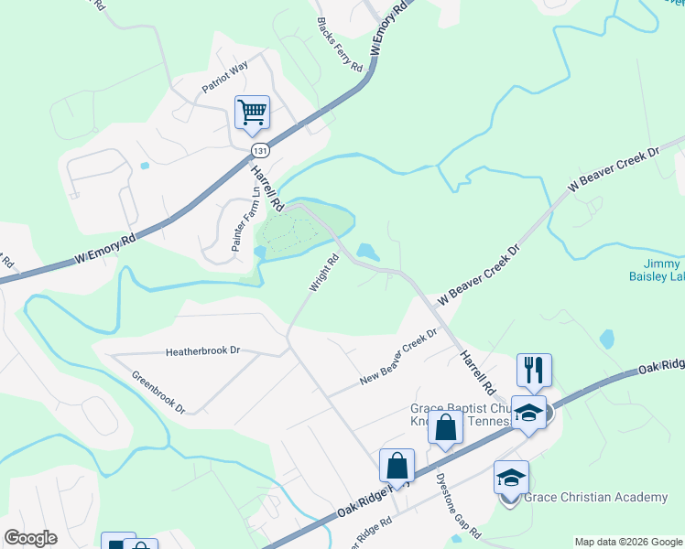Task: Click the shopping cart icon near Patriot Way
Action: (252, 113)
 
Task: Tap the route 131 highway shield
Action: (261, 150)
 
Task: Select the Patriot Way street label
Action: (225, 78)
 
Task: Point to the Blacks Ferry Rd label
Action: (340, 45)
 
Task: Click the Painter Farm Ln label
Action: (245, 220)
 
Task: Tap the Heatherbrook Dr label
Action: (202, 350)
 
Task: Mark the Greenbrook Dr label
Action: (158, 392)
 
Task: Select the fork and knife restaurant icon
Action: (534, 371)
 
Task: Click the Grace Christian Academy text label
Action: (595, 497)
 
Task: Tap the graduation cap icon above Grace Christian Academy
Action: (511, 477)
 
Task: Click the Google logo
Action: (30, 537)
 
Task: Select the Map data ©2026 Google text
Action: (628, 542)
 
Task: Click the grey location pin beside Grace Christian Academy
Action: (511, 499)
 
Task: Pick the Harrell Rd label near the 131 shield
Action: (266, 182)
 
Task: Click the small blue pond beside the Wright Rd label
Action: (368, 251)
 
